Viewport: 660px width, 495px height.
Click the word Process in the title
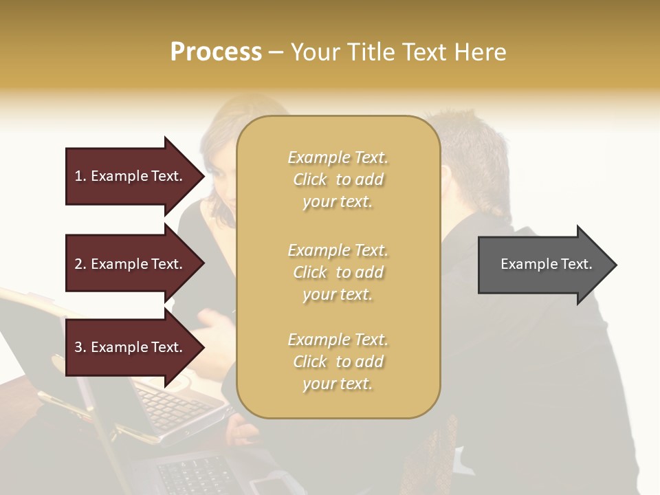point(216,52)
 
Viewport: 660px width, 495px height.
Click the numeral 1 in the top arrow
point(78,176)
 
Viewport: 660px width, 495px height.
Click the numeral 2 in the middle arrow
point(78,264)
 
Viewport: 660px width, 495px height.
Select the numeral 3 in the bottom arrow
point(78,347)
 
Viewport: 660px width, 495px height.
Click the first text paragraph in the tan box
point(338,179)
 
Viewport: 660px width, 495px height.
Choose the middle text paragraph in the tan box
point(338,272)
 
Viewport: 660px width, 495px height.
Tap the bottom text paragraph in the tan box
point(338,362)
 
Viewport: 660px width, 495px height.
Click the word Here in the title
point(481,52)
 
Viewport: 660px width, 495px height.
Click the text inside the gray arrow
point(546,264)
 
